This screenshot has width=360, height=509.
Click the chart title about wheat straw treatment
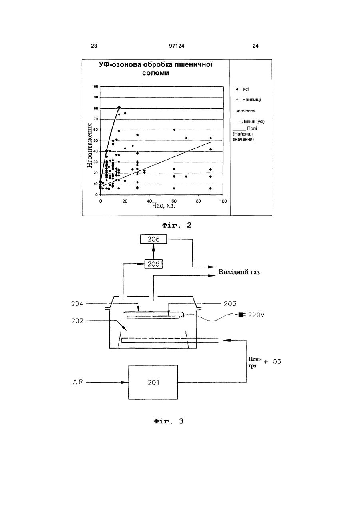tap(155, 68)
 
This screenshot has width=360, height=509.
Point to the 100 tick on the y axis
tap(95, 86)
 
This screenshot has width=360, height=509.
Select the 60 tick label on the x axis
tap(174, 201)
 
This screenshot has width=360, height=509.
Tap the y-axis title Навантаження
tap(90, 146)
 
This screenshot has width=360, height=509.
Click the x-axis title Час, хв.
tap(163, 206)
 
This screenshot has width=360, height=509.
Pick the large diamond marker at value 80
tap(119, 107)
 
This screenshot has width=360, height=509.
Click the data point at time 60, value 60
tap(174, 130)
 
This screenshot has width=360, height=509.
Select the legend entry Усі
tap(243, 89)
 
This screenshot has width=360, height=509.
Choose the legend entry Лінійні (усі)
tap(249, 122)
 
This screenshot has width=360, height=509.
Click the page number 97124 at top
tap(177, 46)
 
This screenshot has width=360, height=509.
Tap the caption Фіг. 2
tap(177, 225)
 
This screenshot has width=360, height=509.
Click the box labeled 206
tap(153, 239)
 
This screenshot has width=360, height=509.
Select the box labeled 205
tap(153, 264)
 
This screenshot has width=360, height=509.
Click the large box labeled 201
tap(153, 382)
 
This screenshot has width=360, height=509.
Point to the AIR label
tap(78, 382)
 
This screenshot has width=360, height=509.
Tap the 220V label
tap(256, 315)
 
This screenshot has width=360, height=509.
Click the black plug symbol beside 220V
tap(241, 315)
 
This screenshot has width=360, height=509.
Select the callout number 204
tap(77, 303)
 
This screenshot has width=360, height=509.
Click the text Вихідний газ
tap(239, 272)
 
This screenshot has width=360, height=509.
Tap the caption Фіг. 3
tap(169, 421)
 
